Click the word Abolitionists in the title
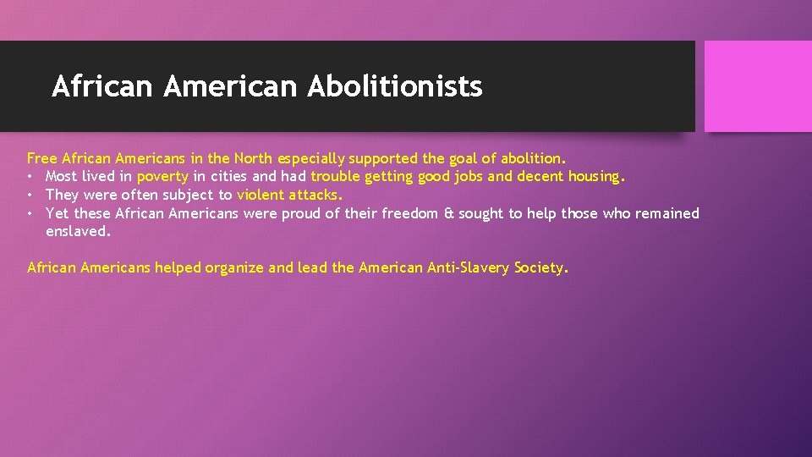click(x=395, y=86)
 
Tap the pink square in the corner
click(x=758, y=86)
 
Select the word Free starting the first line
click(x=42, y=158)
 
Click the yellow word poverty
click(x=162, y=177)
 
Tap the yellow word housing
click(x=595, y=177)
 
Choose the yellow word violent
click(x=261, y=195)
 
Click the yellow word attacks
click(x=314, y=195)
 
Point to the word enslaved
click(x=78, y=231)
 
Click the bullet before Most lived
click(x=30, y=177)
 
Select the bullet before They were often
click(x=30, y=195)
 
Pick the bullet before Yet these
click(x=30, y=213)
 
